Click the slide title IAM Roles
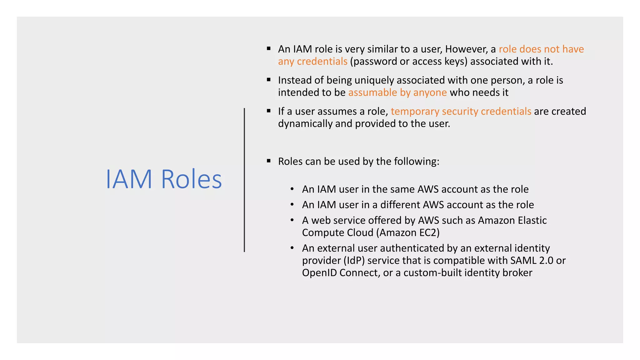tap(164, 179)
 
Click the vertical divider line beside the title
tap(244, 180)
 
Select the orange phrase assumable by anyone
tap(397, 92)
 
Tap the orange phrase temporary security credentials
tap(461, 111)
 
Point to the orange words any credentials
tap(312, 61)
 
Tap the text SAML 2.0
tap(532, 260)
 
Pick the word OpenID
tap(319, 273)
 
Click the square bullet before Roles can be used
tap(269, 161)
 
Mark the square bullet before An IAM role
tap(269, 49)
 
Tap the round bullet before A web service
tap(292, 220)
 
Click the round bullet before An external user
tap(292, 248)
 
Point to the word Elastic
tap(532, 220)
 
